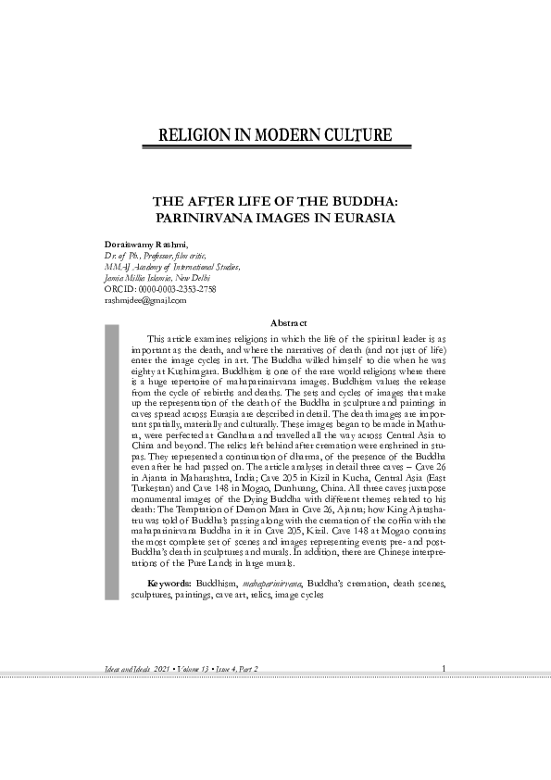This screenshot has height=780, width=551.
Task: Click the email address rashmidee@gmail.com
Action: (146, 300)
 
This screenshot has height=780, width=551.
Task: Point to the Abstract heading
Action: (287, 322)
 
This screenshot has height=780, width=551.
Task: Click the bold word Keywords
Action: (169, 585)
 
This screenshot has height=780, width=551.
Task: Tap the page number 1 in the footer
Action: (445, 669)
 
